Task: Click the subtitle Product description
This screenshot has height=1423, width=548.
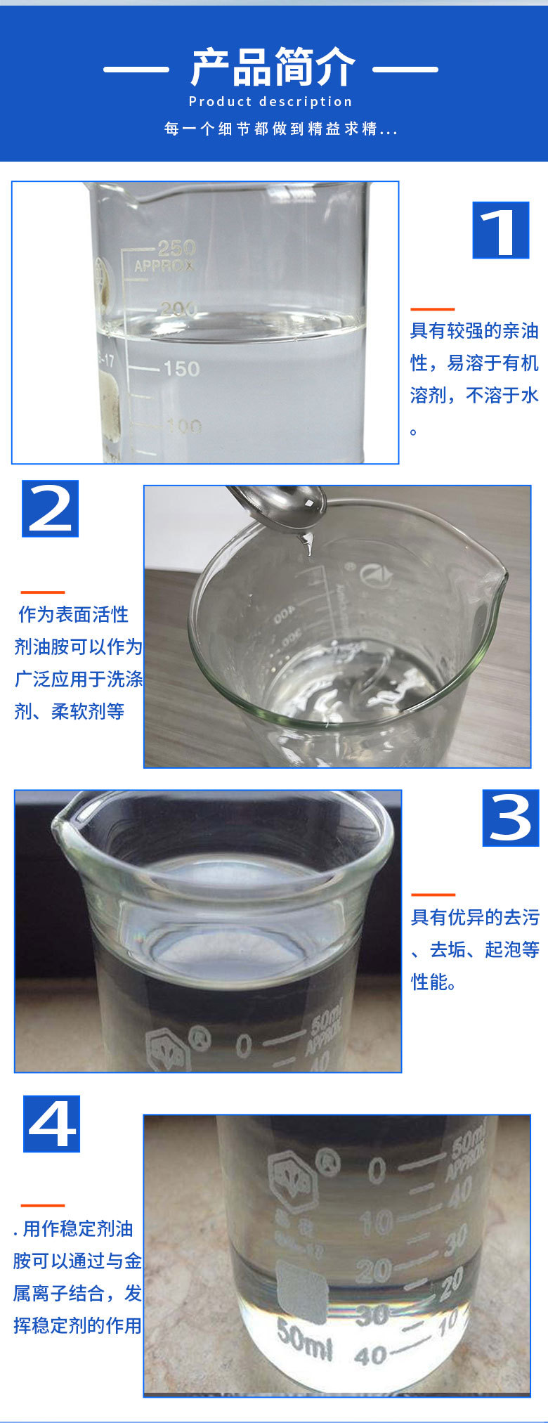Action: (x=270, y=102)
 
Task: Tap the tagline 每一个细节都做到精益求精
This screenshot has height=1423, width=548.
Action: (x=280, y=129)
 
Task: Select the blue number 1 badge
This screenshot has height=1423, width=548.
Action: (x=500, y=230)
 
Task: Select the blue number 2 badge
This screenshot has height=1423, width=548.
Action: (x=50, y=509)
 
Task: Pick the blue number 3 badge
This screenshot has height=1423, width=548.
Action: (x=511, y=818)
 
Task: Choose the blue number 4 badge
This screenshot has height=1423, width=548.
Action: (x=52, y=1124)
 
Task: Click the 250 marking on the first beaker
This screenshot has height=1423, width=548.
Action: (x=176, y=247)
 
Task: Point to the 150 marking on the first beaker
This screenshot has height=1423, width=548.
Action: (x=181, y=368)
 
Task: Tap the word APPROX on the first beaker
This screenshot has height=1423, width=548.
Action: (x=164, y=266)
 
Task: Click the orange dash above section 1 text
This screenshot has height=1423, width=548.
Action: (x=432, y=308)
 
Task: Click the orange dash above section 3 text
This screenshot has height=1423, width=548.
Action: (x=433, y=895)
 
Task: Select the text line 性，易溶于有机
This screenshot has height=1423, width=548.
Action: (x=474, y=363)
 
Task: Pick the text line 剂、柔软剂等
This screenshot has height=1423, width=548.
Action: (x=69, y=712)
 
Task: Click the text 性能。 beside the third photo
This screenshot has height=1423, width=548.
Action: (x=433, y=982)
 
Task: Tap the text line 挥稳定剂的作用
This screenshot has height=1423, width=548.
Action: (x=77, y=1326)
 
